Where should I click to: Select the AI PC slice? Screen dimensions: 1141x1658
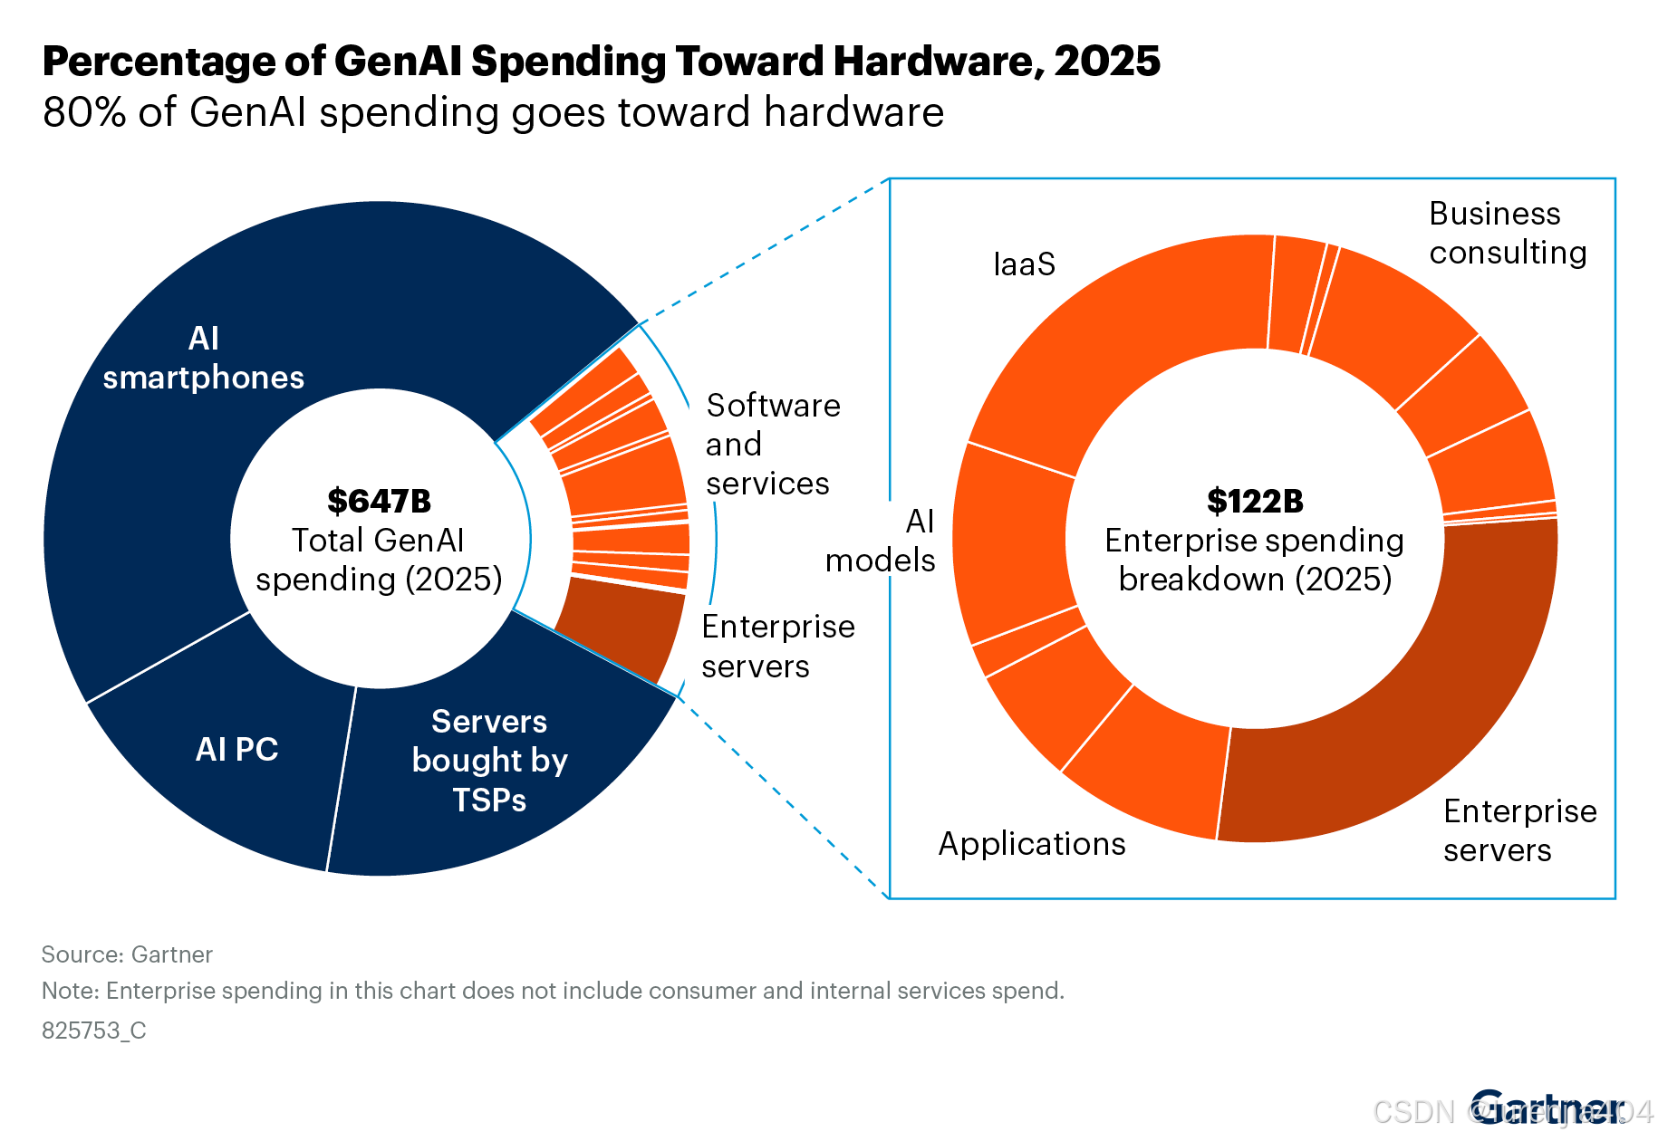coord(236,750)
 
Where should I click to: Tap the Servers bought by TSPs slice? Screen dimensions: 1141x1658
coord(489,761)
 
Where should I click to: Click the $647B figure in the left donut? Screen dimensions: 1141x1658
coord(379,501)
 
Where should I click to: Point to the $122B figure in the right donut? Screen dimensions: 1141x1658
coord(1255,501)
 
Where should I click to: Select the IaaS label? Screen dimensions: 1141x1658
coord(1025,264)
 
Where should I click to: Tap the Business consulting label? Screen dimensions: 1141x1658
coord(1508,233)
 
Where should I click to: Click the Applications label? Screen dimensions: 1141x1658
coord(1032,844)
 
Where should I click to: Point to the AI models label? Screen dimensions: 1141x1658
coord(881,541)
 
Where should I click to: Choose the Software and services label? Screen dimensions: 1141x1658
coord(772,445)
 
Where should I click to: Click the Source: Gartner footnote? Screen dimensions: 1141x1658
coord(127,954)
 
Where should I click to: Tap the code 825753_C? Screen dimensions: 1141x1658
coord(94,1031)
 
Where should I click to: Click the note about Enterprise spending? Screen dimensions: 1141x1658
coord(553,991)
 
